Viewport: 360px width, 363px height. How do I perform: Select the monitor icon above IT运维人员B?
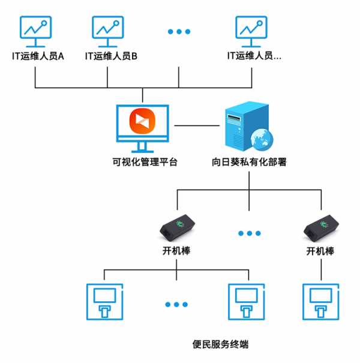pos(107,31)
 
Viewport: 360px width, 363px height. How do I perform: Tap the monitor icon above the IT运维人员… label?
pos(251,31)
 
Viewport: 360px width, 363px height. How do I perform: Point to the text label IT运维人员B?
pos(112,56)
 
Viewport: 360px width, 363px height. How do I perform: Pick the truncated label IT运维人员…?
pos(254,56)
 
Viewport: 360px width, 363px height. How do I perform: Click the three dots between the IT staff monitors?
pos(179,32)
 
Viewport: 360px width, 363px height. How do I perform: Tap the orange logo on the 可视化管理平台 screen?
pos(142,121)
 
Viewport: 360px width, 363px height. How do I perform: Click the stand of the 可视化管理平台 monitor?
pos(142,147)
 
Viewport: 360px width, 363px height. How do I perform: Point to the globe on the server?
pos(262,139)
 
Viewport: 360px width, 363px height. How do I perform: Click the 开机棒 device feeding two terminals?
pos(176,227)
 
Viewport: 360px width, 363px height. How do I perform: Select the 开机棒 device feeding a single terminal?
pos(320,227)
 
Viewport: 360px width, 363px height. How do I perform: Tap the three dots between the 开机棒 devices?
pos(249,233)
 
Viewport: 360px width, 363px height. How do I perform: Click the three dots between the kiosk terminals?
pos(176,304)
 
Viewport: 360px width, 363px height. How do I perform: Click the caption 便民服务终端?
pos(220,344)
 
